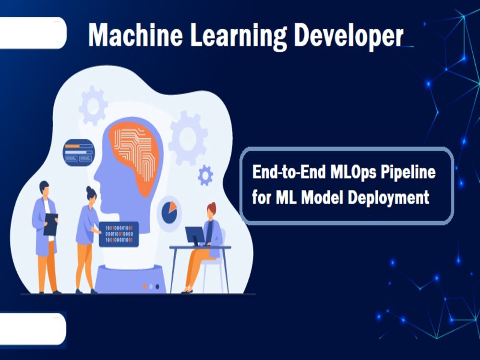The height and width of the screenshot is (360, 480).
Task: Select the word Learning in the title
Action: tap(239, 36)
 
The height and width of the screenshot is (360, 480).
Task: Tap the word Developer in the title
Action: tap(348, 36)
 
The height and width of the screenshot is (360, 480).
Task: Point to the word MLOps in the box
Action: tap(353, 173)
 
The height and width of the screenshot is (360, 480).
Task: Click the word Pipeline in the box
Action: tap(408, 173)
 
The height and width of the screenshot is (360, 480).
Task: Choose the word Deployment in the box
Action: tap(388, 198)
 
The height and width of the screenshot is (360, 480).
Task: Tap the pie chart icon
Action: tap(169, 212)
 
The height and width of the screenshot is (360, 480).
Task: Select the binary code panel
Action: tap(119, 234)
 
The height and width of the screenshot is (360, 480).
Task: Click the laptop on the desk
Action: tap(195, 236)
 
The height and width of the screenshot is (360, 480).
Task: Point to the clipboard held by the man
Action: tap(51, 224)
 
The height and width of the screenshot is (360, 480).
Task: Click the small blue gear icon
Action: tap(205, 175)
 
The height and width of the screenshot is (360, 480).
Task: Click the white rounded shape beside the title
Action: tap(33, 33)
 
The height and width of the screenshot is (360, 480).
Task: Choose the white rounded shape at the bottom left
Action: tap(33, 329)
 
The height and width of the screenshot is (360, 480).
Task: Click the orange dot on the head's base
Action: tap(145, 287)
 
